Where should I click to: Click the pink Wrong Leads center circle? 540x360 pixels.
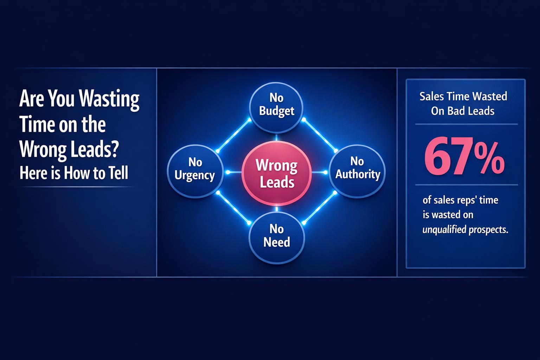click(x=277, y=173)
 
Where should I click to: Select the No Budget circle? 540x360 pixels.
click(x=276, y=104)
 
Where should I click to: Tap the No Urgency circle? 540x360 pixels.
click(x=195, y=169)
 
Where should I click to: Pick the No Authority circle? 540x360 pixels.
click(x=357, y=168)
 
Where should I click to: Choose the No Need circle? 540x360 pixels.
click(x=276, y=236)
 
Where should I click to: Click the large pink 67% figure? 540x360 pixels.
click(x=464, y=157)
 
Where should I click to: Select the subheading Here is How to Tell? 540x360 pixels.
click(x=74, y=173)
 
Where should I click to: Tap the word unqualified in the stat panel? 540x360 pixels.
click(x=444, y=230)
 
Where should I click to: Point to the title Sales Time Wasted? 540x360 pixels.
click(x=463, y=96)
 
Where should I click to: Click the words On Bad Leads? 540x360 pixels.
click(x=463, y=111)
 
